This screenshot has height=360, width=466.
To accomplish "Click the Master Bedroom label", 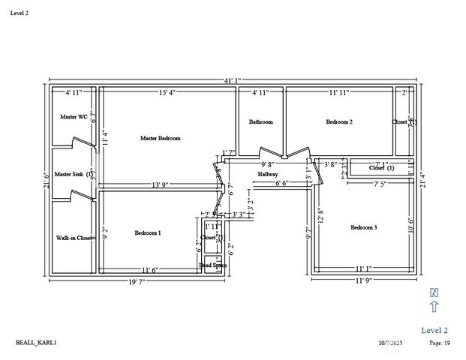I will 160,138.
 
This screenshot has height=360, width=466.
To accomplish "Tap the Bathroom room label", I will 260,121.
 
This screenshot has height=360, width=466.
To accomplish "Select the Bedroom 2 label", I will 339,121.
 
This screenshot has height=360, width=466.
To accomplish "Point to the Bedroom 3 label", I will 364,227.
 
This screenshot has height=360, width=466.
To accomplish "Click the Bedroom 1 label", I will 148,233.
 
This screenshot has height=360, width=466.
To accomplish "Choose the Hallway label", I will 268,174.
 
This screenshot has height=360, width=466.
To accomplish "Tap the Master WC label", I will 74,117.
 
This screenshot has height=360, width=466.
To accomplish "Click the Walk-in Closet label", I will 75,238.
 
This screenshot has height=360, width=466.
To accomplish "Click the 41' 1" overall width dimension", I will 232,79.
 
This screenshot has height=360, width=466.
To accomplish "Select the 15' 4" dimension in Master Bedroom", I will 168,93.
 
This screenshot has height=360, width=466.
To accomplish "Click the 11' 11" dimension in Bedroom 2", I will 340,93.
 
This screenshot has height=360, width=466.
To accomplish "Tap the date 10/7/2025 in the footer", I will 391,343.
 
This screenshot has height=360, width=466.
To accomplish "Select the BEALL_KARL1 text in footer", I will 36,343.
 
